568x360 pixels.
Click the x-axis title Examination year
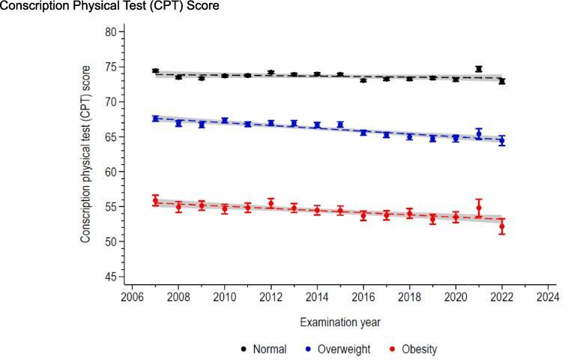tap(339, 322)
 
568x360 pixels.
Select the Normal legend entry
tap(263, 349)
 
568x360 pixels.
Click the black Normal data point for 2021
tap(479, 69)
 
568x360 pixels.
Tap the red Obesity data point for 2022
tap(502, 226)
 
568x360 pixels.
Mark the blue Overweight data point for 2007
tap(155, 118)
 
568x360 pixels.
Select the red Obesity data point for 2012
tap(271, 203)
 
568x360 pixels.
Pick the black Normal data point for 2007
tap(155, 71)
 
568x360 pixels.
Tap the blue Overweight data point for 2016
tap(363, 132)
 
